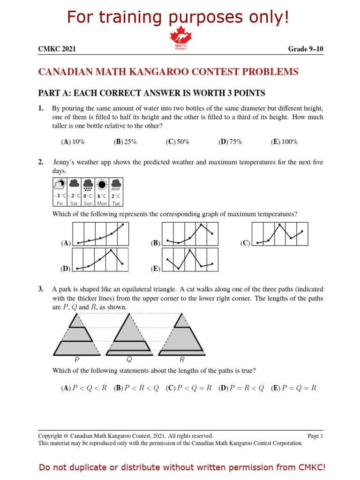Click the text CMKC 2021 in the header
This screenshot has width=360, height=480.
(57, 49)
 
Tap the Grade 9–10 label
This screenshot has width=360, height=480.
(305, 49)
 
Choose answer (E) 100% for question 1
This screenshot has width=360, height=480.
(284, 142)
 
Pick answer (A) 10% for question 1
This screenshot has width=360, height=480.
(73, 142)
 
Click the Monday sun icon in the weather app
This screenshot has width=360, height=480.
(102, 184)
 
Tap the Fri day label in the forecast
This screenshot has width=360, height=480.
(60, 203)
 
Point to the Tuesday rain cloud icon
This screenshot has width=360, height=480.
(116, 184)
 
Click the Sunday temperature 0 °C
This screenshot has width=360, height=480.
(88, 196)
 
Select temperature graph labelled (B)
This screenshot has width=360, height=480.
(190, 234)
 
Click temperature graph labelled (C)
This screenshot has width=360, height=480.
(280, 234)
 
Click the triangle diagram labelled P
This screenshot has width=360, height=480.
(76, 334)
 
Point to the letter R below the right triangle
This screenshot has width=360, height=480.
(182, 360)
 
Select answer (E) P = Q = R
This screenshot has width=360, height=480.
(293, 388)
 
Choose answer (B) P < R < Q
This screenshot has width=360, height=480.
(137, 388)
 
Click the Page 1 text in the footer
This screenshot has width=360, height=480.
(315, 436)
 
